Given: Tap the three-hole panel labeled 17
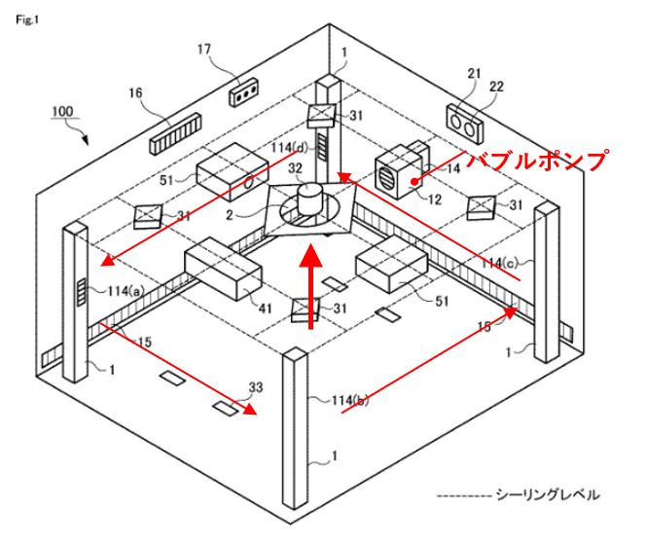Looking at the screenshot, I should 243,94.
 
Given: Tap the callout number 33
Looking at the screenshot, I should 256,387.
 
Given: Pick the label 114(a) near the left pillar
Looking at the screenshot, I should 125,290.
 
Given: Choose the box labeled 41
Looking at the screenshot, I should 223,272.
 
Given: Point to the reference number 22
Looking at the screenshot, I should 497,87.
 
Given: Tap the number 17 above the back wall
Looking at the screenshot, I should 203,48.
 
